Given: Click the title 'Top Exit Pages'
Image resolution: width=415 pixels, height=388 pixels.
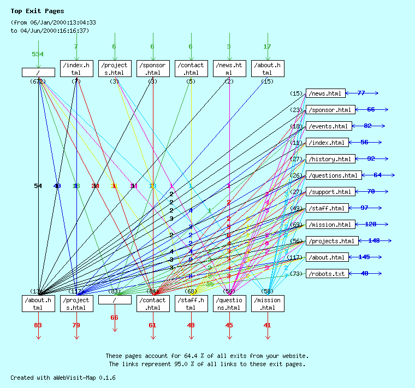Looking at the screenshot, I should (x=37, y=11).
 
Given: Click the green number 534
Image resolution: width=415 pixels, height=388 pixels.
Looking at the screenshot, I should (x=38, y=54).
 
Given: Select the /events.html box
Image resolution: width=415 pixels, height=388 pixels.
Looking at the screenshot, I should (x=328, y=126).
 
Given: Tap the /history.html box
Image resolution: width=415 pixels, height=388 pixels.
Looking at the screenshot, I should (x=330, y=159).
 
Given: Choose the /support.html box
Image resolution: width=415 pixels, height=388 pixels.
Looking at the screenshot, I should (x=330, y=192).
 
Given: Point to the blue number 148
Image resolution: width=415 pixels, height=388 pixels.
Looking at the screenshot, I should (x=374, y=240).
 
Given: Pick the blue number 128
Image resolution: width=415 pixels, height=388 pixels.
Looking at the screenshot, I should (x=371, y=224).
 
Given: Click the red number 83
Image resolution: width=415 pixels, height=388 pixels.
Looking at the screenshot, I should (x=38, y=325).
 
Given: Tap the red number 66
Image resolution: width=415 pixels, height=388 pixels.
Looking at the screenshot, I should (x=114, y=318).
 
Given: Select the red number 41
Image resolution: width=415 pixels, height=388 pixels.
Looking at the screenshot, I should (x=267, y=325).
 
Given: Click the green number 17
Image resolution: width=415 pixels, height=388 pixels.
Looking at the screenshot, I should (x=267, y=47).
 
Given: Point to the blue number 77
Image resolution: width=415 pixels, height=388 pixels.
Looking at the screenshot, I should (x=361, y=93).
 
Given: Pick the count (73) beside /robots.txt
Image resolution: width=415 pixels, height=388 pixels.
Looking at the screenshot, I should (x=296, y=273).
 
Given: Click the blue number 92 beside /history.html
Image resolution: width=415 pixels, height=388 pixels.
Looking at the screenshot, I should (x=371, y=158).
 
